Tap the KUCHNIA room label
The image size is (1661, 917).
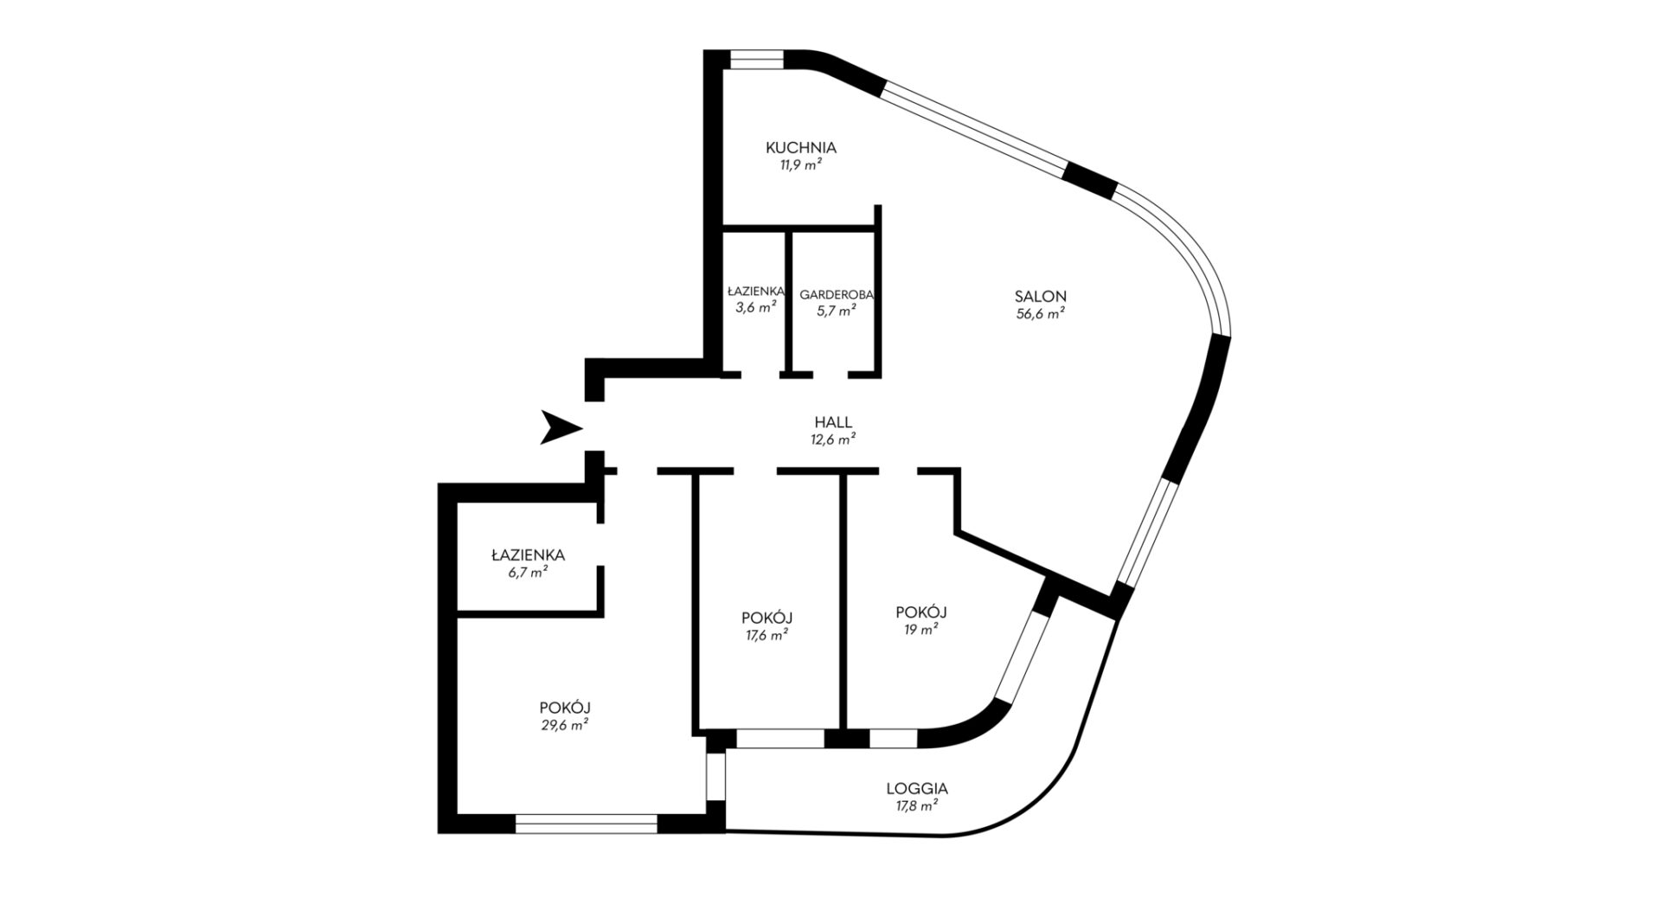[801, 148]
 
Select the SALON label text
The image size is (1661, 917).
[1040, 296]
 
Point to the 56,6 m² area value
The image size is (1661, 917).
[1040, 315]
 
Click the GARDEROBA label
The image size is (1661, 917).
[837, 294]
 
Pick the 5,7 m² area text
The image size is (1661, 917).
[837, 311]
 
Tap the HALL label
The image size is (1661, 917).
[833, 422]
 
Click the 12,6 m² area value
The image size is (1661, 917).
[833, 439]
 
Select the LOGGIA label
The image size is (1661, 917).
[917, 789]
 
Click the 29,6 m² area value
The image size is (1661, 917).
[565, 726]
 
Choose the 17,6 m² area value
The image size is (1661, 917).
[767, 636]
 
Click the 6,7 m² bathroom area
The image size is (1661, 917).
[528, 573]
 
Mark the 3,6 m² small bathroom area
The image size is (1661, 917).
[754, 308]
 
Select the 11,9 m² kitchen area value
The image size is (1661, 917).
[800, 166]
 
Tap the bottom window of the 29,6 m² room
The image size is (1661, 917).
[587, 823]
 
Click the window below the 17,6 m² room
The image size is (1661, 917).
[780, 739]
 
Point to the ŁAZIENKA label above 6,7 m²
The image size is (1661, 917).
[528, 555]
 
